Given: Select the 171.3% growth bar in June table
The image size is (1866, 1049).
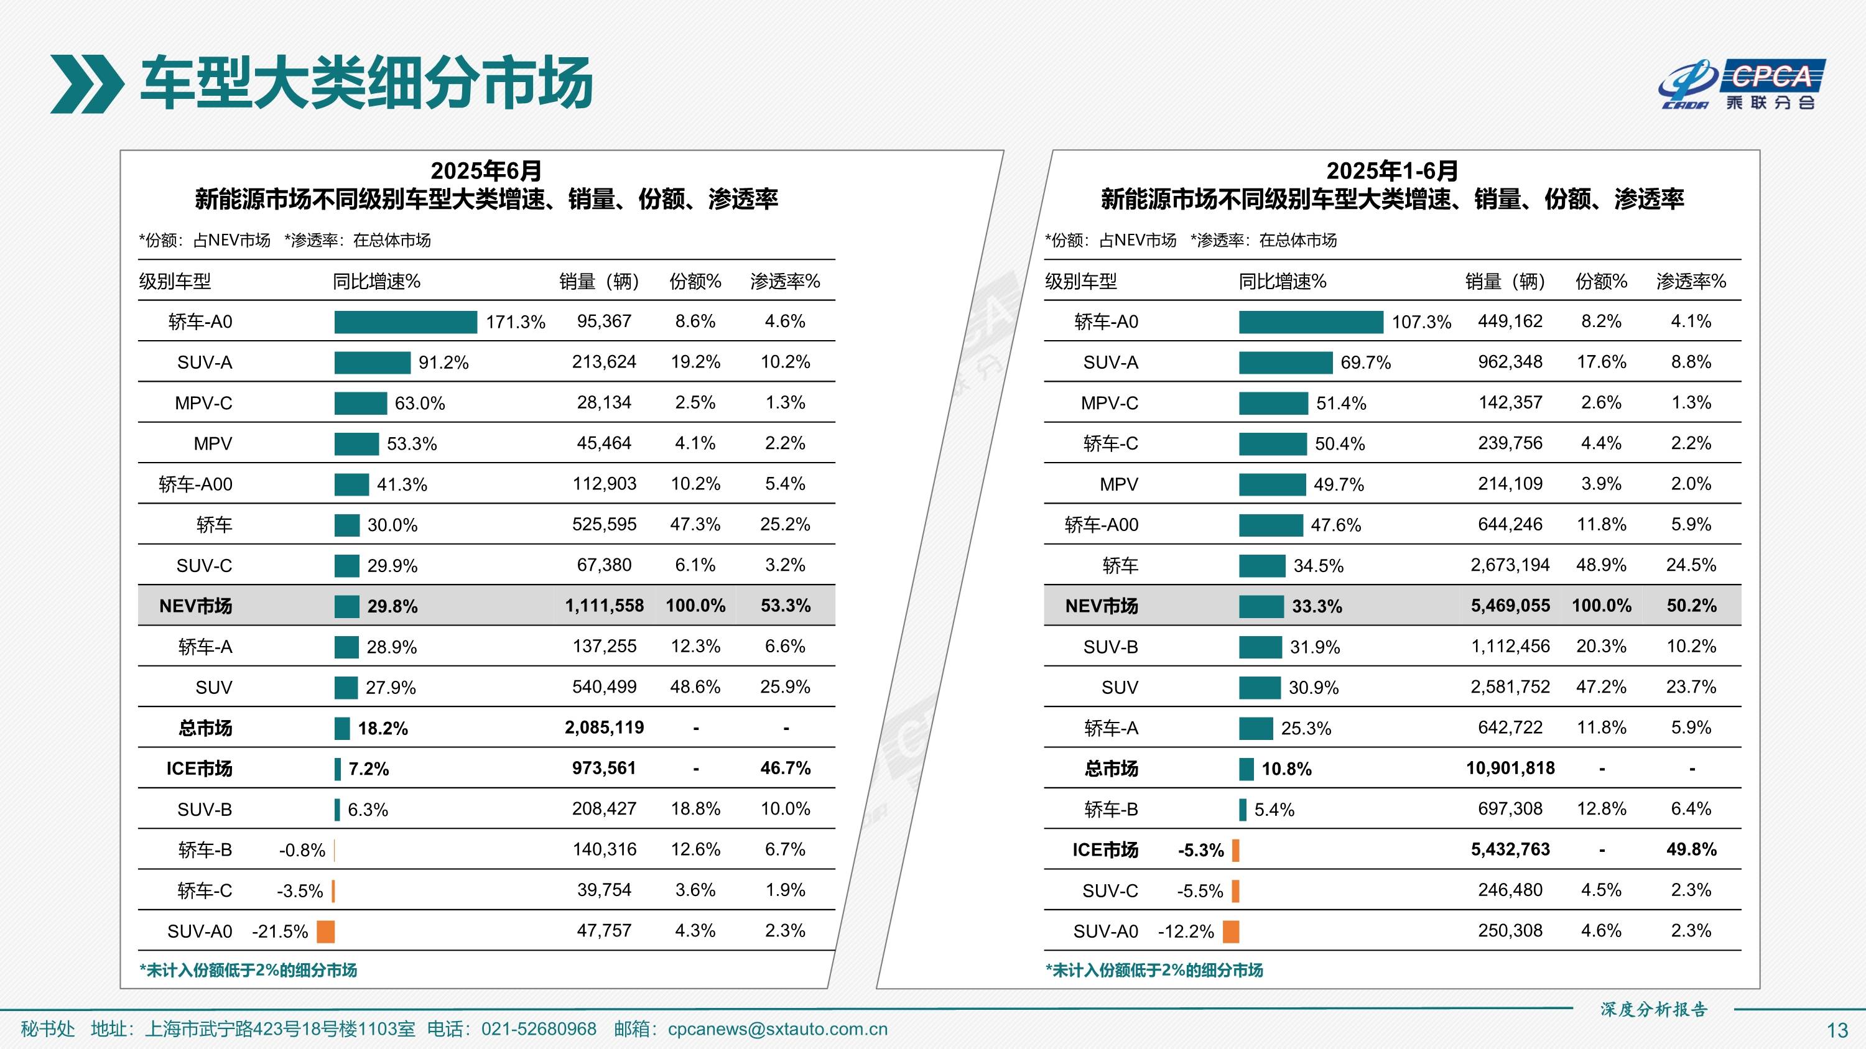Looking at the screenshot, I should click(x=405, y=322).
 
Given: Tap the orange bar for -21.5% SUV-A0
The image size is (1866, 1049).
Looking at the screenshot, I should click(x=326, y=931).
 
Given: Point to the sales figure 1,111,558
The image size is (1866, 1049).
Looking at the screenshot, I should click(x=604, y=606).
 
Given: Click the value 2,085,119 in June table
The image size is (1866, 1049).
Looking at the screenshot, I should click(x=604, y=728).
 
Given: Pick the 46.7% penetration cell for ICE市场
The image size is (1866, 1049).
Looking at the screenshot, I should click(x=785, y=768).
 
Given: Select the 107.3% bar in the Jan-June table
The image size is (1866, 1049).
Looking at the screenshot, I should click(x=1311, y=322).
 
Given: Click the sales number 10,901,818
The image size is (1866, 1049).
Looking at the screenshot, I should click(x=1510, y=768).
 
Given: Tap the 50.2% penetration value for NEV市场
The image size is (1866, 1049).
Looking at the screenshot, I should click(x=1691, y=606).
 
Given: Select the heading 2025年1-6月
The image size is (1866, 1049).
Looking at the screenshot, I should click(x=1391, y=171).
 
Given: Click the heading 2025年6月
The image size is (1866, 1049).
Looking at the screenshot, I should click(x=486, y=171).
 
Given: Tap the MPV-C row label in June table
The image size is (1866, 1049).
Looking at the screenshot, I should click(x=203, y=403).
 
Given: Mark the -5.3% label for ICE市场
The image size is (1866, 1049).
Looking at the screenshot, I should click(x=1200, y=850).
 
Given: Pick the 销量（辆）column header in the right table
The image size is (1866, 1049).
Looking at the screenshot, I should click(x=1505, y=281).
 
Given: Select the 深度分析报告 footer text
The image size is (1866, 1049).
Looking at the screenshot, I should click(x=1654, y=1009).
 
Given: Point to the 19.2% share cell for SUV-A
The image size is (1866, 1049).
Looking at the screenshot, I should click(x=695, y=362).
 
